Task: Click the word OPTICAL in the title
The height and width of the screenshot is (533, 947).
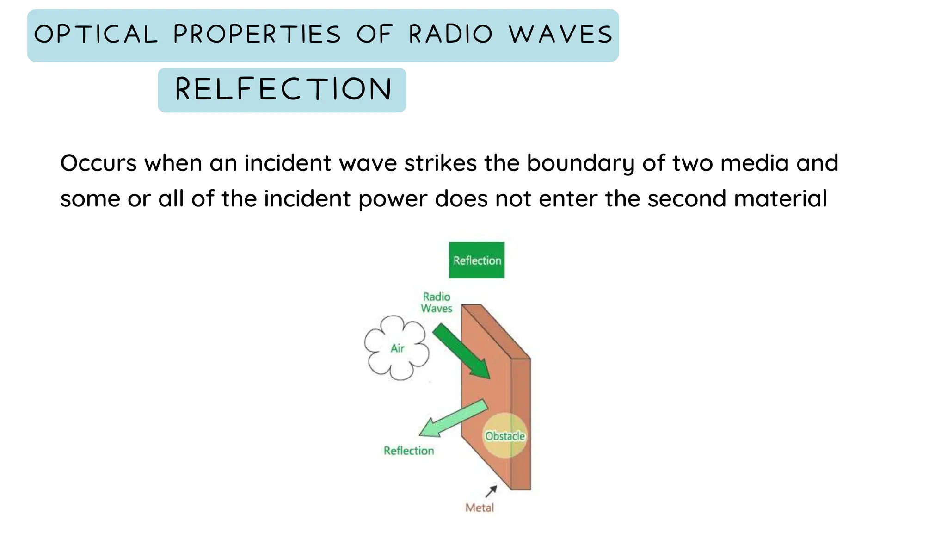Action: [96, 35]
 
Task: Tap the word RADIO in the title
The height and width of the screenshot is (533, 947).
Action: [450, 35]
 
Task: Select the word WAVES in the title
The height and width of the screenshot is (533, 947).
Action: [561, 35]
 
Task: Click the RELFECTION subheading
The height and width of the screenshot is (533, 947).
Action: [283, 89]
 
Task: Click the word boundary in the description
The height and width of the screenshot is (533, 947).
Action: [581, 164]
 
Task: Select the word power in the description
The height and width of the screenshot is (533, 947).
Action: [393, 199]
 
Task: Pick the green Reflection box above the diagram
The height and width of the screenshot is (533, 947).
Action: [477, 260]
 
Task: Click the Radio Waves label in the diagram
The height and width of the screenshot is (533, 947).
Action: [437, 303]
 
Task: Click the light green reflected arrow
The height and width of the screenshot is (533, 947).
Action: [453, 419]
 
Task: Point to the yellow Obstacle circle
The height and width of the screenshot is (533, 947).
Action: [504, 435]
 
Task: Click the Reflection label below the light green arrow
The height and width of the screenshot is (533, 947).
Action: [409, 451]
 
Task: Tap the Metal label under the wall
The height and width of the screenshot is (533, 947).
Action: [480, 508]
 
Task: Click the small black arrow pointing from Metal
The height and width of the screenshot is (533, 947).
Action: [492, 491]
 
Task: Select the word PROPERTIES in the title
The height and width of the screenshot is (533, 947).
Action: [257, 35]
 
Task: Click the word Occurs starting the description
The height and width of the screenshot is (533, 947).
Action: [98, 163]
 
